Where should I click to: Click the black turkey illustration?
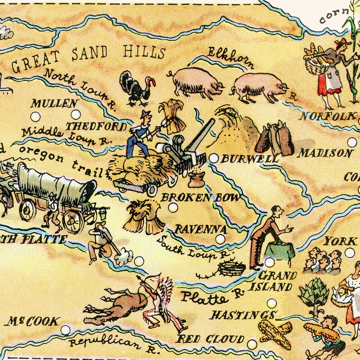click(x=134, y=88)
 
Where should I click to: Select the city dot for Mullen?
click(x=75, y=114)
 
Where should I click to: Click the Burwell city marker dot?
click(x=214, y=158)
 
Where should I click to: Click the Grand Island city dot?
click(x=270, y=262)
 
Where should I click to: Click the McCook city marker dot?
click(x=66, y=330)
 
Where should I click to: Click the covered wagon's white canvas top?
click(x=57, y=179)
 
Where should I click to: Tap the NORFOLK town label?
click(x=327, y=117)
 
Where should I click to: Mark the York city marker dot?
click(x=350, y=253)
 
